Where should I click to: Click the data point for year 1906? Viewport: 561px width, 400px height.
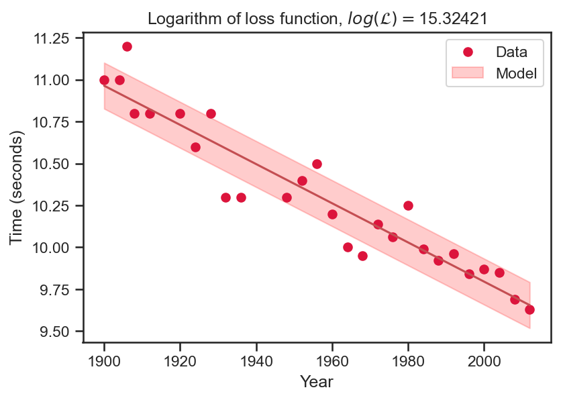pos(127,46)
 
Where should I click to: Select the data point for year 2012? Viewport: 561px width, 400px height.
pos(529,309)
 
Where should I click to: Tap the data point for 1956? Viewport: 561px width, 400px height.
pos(317,164)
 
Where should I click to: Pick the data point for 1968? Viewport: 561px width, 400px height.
pos(362,256)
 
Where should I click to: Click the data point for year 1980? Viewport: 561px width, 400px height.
pos(408,205)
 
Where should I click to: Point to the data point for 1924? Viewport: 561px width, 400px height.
pos(195,147)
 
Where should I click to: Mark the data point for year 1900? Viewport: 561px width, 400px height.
pos(104,80)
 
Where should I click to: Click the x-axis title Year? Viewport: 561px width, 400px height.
pos(317,382)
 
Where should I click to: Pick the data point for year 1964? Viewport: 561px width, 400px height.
pos(348,247)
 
